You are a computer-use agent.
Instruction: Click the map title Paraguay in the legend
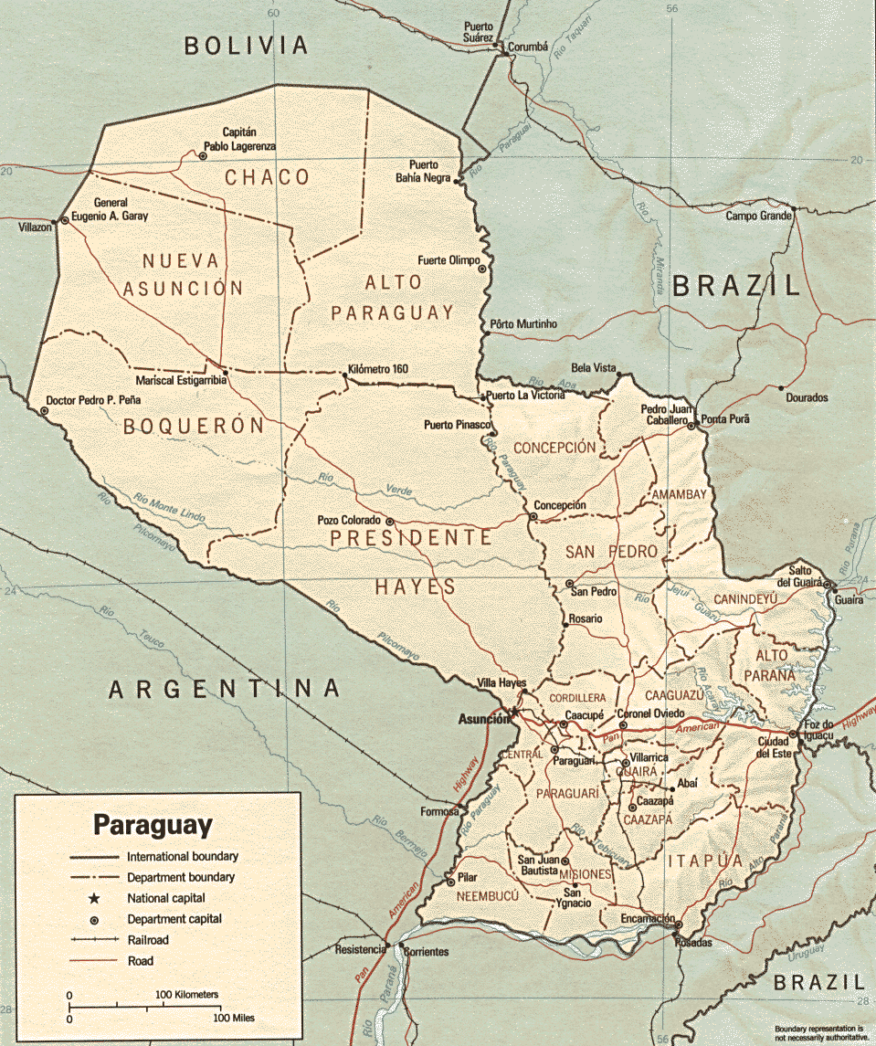(153, 825)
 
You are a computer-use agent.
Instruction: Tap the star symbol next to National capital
(94, 898)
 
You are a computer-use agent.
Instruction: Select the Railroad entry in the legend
(147, 939)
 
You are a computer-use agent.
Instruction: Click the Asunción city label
(483, 719)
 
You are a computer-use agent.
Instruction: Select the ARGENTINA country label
(225, 689)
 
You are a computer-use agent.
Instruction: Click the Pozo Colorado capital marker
(390, 522)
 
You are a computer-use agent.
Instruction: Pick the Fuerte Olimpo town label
(448, 259)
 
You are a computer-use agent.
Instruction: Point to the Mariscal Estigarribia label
(180, 380)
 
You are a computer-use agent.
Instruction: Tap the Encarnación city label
(647, 919)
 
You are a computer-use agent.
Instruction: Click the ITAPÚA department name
(704, 861)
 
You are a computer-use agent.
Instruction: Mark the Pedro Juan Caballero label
(663, 415)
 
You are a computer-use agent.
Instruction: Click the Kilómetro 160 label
(377, 369)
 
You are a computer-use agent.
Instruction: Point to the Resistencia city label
(359, 950)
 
